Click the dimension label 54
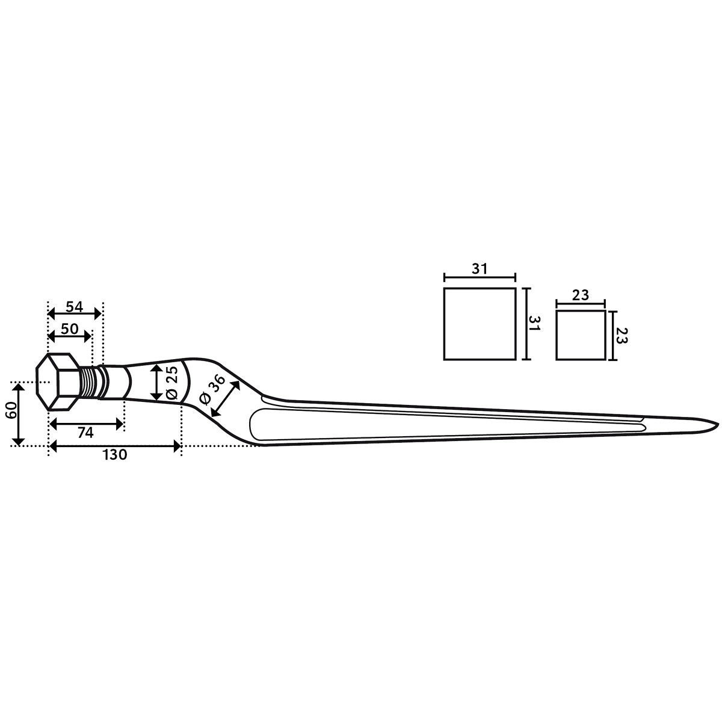pos(74,307)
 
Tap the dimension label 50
pos(69,329)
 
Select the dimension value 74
pos(85,433)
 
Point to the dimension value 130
pos(115,455)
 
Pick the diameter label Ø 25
pos(171,383)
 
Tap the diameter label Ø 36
pos(212,389)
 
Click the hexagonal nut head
pos(57,381)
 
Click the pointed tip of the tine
pos(718,424)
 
